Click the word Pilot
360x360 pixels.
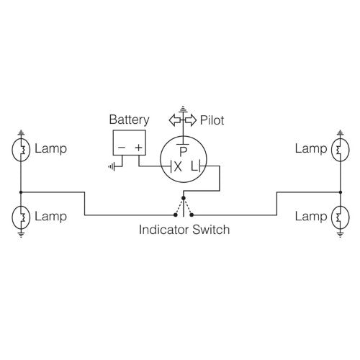(212, 120)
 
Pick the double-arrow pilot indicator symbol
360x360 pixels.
(183, 120)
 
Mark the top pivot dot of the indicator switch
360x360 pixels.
(184, 198)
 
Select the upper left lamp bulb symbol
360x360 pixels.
(22, 150)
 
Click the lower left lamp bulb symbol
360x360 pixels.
(22, 216)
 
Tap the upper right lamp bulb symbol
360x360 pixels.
(338, 150)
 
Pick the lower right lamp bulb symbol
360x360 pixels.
(338, 216)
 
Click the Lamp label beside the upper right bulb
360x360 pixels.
(310, 149)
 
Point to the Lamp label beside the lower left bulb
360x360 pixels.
(50, 216)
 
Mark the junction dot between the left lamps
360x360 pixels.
(22, 192)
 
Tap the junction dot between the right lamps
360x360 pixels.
(338, 192)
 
